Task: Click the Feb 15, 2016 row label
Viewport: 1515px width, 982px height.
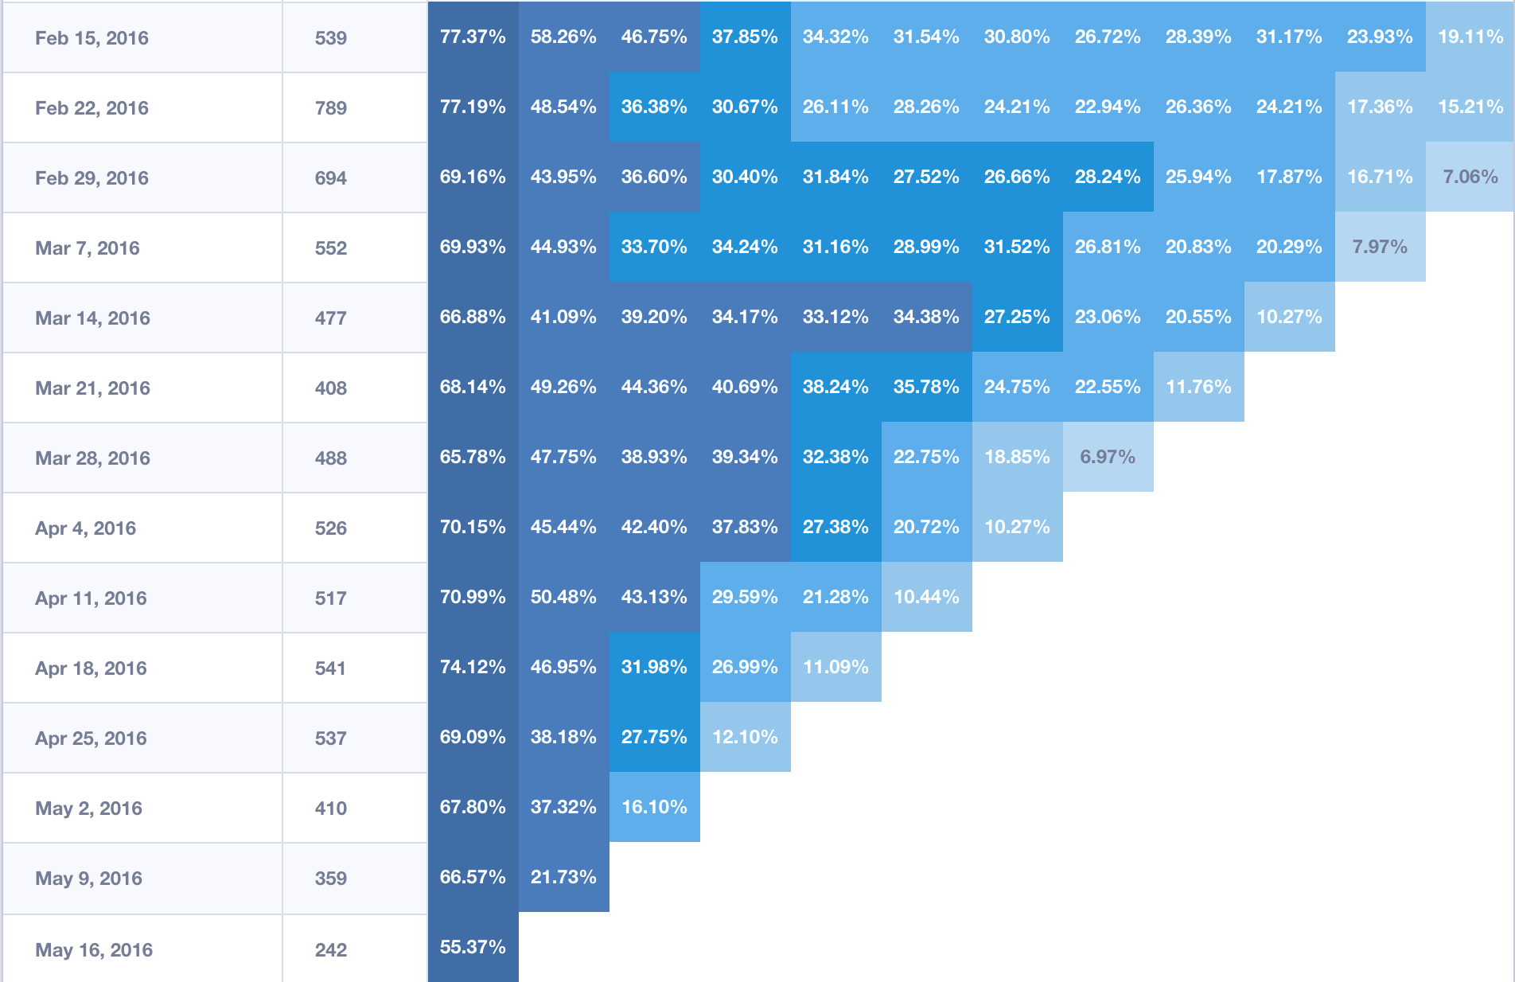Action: coord(92,38)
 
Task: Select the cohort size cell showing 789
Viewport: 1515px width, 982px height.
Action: coord(330,108)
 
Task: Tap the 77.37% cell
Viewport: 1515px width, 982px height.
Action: coord(473,37)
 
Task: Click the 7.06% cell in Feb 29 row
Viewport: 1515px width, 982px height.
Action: coord(1470,177)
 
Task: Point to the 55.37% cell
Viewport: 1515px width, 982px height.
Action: coord(473,947)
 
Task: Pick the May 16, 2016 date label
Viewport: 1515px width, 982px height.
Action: coord(94,950)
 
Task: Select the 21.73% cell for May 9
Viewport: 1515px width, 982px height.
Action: coord(563,877)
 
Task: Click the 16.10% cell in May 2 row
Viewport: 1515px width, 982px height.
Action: coord(654,807)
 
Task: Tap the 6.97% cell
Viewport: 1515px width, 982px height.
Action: coord(1107,457)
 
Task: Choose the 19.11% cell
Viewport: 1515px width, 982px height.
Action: coord(1470,37)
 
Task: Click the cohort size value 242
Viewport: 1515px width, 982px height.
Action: coord(330,950)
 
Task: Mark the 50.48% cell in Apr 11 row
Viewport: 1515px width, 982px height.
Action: coord(563,597)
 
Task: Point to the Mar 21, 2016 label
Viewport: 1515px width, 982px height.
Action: coord(92,388)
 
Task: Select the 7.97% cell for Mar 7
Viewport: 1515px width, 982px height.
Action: coord(1379,247)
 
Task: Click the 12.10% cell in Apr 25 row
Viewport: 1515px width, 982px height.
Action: coord(745,737)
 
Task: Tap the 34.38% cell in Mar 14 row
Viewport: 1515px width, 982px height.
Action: coord(926,317)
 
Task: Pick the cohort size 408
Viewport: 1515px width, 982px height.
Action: coord(330,388)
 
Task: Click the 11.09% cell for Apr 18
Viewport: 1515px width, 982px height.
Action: coord(835,667)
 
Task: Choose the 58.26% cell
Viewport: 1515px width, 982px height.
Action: coord(563,37)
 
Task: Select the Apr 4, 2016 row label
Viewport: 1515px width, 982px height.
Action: coord(85,528)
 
